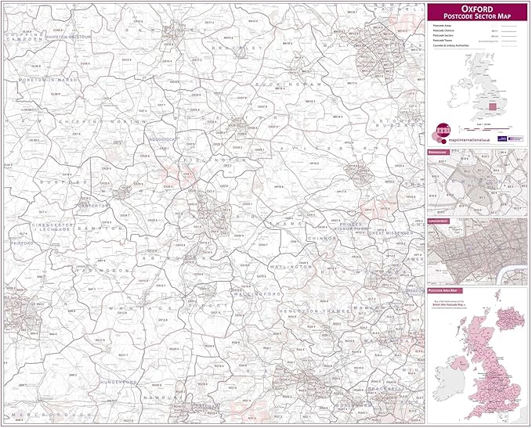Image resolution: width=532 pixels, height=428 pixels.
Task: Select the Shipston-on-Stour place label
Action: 68,37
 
